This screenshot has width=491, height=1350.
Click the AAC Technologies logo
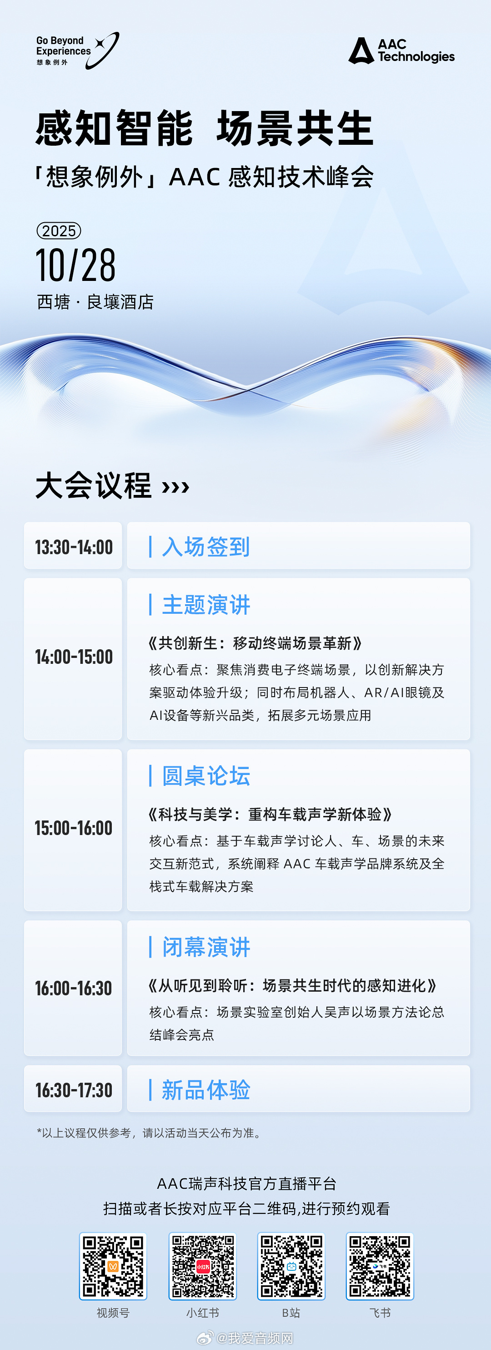401,50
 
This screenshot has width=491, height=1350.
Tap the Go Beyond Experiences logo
77,51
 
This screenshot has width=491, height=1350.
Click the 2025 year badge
59,230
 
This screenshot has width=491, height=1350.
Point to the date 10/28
75,265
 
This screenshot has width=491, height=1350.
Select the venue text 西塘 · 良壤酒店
95,302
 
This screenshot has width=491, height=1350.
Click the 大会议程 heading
93,485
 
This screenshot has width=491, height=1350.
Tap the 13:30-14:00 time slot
74,547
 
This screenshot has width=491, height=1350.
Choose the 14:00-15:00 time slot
74,657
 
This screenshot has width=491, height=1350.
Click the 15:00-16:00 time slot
74,828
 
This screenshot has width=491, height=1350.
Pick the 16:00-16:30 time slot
74,988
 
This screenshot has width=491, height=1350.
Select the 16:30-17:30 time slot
74,1090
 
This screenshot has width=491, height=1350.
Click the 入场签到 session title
205,547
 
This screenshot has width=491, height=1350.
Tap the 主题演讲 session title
205,605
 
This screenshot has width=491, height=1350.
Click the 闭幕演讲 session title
205,947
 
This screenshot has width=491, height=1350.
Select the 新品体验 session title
205,1090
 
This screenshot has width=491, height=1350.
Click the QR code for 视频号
113,1266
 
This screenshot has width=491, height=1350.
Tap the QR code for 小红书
203,1266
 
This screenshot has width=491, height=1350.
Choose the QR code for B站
291,1266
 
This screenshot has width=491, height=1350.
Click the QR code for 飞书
380,1266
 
